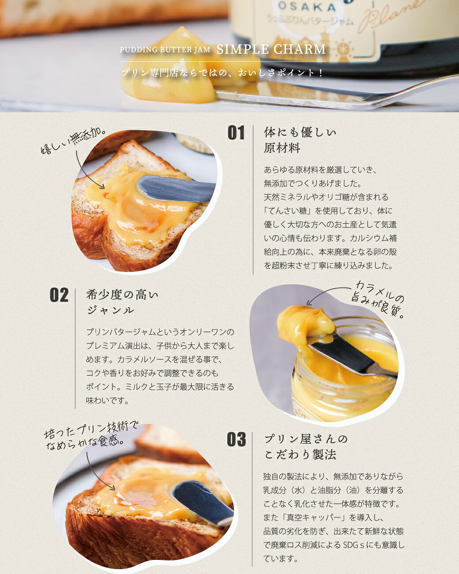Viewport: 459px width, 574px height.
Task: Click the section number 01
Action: pyautogui.click(x=236, y=133)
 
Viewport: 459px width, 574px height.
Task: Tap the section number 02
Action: pyautogui.click(x=59, y=295)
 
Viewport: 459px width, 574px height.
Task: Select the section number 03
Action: pyautogui.click(x=236, y=439)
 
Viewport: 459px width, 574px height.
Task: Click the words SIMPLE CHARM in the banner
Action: pyautogui.click(x=271, y=49)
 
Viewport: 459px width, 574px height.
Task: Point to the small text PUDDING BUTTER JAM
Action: pyautogui.click(x=165, y=50)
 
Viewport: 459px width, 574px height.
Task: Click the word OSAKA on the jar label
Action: pyautogui.click(x=307, y=7)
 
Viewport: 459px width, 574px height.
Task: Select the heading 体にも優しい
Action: pyautogui.click(x=300, y=132)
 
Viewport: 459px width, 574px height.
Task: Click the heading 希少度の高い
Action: pyautogui.click(x=122, y=295)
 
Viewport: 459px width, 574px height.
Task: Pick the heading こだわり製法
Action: pyautogui.click(x=300, y=454)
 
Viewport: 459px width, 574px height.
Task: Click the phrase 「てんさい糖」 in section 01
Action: pyautogui.click(x=287, y=211)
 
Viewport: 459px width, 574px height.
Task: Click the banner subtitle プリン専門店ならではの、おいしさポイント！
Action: pyautogui.click(x=222, y=73)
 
